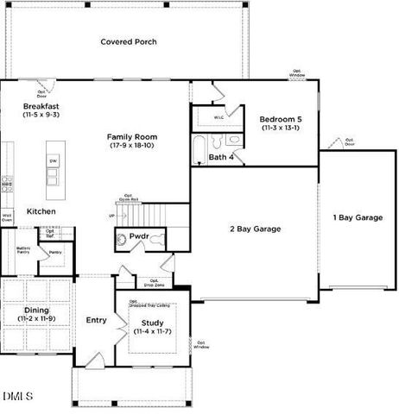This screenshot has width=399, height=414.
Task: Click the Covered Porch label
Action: tap(128, 41)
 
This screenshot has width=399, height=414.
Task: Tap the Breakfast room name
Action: tap(41, 106)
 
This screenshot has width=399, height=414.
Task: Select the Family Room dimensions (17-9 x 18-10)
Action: tap(132, 146)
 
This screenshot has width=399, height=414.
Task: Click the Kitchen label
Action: tap(41, 211)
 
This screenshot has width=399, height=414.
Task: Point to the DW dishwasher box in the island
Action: tap(54, 161)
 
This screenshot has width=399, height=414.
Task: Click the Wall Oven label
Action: tap(7, 217)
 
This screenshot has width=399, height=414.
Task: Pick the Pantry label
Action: tap(55, 253)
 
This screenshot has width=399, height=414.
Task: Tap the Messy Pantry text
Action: tap(23, 251)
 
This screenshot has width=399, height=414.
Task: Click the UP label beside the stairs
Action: tap(111, 216)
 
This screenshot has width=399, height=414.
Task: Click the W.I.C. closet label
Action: tap(219, 117)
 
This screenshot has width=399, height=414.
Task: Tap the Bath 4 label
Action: tap(221, 156)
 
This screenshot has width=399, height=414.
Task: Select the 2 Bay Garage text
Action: tap(256, 229)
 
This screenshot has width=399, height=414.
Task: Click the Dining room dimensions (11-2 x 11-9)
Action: tap(36, 318)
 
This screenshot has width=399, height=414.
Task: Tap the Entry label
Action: tap(96, 320)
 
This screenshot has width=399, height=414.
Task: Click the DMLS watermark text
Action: tap(17, 396)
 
